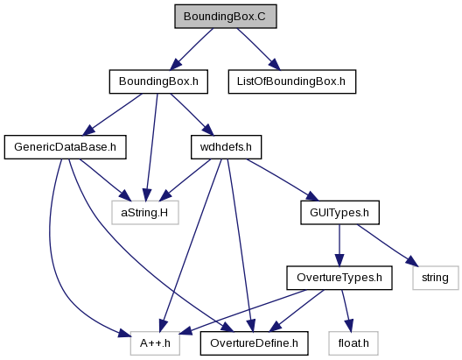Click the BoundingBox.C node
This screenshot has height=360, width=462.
(226, 17)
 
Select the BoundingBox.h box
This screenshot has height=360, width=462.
(158, 81)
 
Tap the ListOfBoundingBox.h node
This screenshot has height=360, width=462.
(292, 81)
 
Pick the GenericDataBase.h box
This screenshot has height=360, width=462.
(65, 147)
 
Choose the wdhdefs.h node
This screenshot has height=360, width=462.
(226, 147)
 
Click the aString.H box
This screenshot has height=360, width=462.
(145, 213)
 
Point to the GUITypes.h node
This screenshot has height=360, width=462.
(339, 213)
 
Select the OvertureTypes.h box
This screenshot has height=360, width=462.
(339, 278)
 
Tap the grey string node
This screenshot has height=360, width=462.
(436, 278)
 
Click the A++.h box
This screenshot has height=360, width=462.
(155, 343)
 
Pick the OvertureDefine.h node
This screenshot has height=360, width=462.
(254, 343)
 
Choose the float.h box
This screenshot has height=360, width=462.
(353, 343)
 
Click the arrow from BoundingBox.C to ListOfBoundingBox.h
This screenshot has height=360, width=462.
(259, 49)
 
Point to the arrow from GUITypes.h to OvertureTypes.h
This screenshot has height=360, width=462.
(339, 245)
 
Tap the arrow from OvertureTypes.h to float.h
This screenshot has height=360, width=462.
(347, 311)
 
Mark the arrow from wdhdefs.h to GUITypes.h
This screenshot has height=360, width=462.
(283, 180)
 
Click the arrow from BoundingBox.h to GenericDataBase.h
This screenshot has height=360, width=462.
(112, 115)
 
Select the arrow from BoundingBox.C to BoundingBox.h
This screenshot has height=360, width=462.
(192, 49)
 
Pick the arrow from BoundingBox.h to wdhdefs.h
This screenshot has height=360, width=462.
(192, 115)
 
